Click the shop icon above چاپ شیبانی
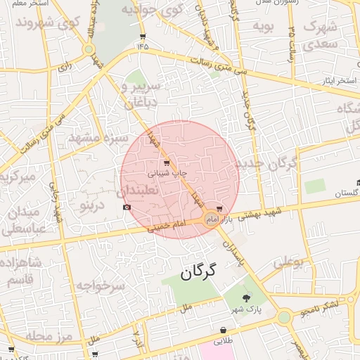point(166,162)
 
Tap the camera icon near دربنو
point(127,207)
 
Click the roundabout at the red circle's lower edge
point(211,220)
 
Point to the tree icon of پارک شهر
point(245,298)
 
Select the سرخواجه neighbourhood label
point(100,285)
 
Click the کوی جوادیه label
point(152,10)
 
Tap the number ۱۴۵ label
point(143,46)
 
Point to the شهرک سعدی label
point(321,35)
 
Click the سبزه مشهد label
point(98,139)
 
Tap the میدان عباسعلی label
point(23,220)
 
